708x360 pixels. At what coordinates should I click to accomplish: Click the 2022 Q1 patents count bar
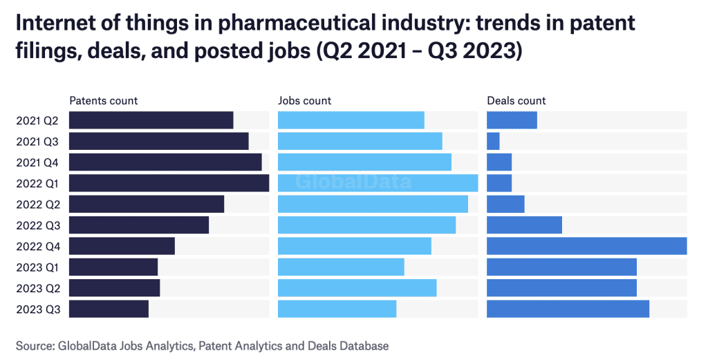[169, 183]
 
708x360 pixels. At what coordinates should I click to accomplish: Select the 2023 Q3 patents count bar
[109, 309]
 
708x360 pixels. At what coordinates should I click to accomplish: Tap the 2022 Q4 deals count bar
[586, 246]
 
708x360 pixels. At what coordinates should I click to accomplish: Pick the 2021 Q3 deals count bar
[493, 141]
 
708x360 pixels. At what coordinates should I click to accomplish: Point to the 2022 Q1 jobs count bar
[378, 183]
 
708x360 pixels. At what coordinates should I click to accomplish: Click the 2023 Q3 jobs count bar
[337, 309]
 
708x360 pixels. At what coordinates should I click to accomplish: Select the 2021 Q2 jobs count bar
[351, 120]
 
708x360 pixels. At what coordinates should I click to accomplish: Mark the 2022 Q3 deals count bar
[524, 225]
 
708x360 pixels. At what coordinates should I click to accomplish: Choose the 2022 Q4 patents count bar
[122, 246]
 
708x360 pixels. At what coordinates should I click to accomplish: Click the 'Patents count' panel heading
[103, 101]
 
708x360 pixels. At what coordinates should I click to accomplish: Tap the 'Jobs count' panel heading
[304, 101]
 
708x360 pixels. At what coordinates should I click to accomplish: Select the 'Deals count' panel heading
[516, 101]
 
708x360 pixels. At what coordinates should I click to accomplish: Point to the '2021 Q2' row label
[37, 121]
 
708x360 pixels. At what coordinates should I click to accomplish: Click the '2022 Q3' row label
[37, 225]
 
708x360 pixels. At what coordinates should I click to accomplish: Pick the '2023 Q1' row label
[37, 267]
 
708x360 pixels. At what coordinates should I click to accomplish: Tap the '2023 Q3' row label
[37, 309]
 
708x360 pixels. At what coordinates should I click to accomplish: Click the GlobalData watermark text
[354, 182]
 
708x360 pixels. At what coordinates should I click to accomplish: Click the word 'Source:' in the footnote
[36, 345]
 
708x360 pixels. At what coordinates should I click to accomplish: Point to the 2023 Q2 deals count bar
[561, 288]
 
